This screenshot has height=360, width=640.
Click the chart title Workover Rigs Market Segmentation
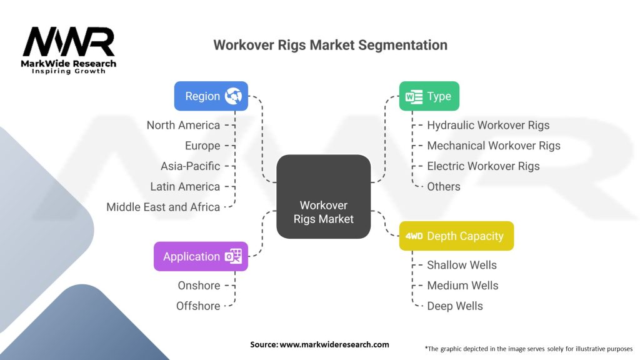pyautogui.click(x=330, y=45)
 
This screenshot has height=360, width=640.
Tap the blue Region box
pyautogui.click(x=211, y=96)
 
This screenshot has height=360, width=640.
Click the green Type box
pyautogui.click(x=429, y=96)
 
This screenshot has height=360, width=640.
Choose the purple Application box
pyautogui.click(x=201, y=256)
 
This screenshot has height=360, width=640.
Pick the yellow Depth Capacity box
pyautogui.click(x=456, y=236)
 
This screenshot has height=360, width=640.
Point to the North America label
pyautogui.click(x=183, y=125)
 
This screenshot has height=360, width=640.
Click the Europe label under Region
pyautogui.click(x=202, y=146)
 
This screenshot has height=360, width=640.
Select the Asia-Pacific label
pyautogui.click(x=190, y=166)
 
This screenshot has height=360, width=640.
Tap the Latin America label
pyautogui.click(x=185, y=186)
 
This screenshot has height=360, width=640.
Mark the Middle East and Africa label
pyautogui.click(x=163, y=207)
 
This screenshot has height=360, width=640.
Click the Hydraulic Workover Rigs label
pyautogui.click(x=488, y=125)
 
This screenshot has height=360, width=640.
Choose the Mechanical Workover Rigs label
pyautogui.click(x=494, y=146)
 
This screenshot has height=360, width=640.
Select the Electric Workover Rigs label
pyautogui.click(x=483, y=166)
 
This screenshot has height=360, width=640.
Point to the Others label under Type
pyautogui.click(x=444, y=186)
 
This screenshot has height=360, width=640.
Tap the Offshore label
pyautogui.click(x=198, y=306)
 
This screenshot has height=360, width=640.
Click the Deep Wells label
pyautogui.click(x=455, y=306)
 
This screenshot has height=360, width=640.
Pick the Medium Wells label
pyautogui.click(x=462, y=286)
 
